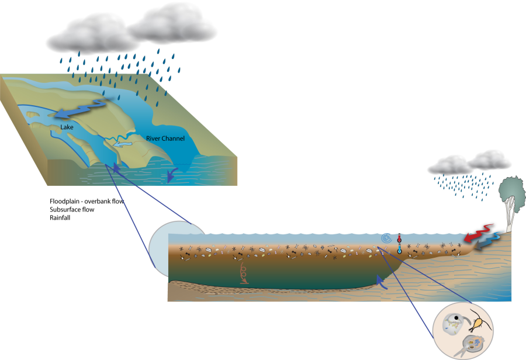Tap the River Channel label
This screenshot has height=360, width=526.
[x=165, y=139]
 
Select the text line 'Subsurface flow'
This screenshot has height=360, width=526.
[x=72, y=209]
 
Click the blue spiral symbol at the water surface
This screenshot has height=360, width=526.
[x=385, y=238]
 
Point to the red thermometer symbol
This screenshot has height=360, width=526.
[x=399, y=239]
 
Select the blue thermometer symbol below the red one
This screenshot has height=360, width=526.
[x=399, y=250]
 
